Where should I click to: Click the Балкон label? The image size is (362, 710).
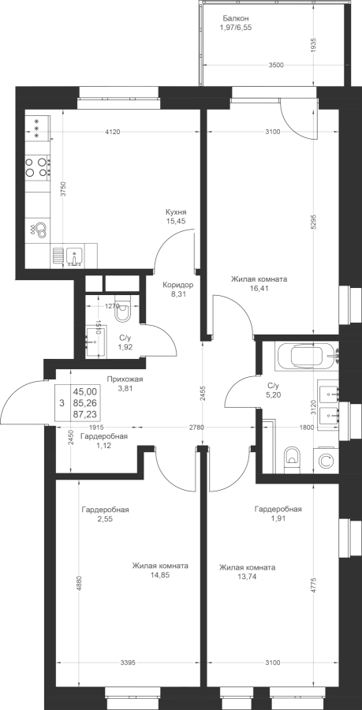pyautogui.click(x=236, y=19)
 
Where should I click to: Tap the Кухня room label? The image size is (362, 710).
pyautogui.click(x=176, y=212)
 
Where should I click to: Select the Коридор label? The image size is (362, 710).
pyautogui.click(x=178, y=286)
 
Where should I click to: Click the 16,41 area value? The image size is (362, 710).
pyautogui.click(x=259, y=287)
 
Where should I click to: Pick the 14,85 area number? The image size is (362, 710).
pyautogui.click(x=161, y=574)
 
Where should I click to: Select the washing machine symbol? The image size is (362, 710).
pyautogui.click(x=325, y=461)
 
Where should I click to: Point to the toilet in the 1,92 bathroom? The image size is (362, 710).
pyautogui.click(x=122, y=310)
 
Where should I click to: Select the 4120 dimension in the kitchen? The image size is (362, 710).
pyautogui.click(x=112, y=133)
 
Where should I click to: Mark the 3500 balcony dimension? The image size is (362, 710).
pyautogui.click(x=275, y=65)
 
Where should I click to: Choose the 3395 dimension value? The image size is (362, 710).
pyautogui.click(x=128, y=663)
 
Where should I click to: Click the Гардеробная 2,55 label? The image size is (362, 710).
pyautogui.click(x=105, y=514)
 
